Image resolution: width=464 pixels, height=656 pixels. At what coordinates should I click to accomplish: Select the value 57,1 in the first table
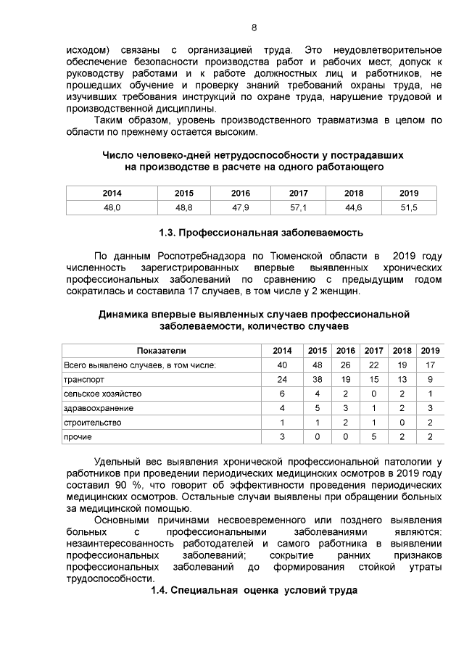299,207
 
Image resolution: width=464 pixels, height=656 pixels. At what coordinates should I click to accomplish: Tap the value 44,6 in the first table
354,207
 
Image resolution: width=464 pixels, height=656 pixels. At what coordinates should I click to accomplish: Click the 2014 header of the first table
112,194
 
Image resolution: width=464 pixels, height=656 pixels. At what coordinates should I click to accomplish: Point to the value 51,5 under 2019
409,207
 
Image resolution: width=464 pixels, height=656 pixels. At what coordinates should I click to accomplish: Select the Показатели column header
161,351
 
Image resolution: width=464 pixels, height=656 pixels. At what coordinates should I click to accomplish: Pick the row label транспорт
85,379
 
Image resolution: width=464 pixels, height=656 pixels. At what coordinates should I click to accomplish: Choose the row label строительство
93,423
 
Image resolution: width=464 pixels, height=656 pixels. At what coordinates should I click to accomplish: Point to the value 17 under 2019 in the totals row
431,365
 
